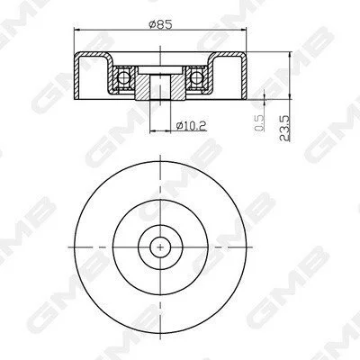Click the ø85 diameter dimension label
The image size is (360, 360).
click(x=161, y=24)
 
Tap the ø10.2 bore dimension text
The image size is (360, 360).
click(x=192, y=125)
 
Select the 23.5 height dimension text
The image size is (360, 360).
click(x=284, y=128)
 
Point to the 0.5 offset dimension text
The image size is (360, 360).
click(x=260, y=123)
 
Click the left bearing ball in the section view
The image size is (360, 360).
click(x=123, y=77)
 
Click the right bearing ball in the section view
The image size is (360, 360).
click(x=196, y=77)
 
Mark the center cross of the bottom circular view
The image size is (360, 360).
click(x=160, y=247)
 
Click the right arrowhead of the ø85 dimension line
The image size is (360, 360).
click(x=241, y=30)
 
